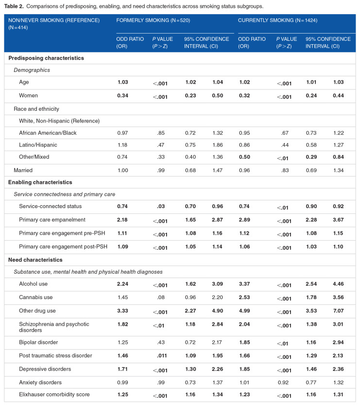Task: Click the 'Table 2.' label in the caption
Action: tap(14, 6)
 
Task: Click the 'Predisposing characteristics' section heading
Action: tap(46, 58)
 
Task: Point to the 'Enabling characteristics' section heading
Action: tap(41, 182)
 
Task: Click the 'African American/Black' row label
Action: tap(48, 133)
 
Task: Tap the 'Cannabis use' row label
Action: tap(36, 297)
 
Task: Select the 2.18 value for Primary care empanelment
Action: tap(123, 220)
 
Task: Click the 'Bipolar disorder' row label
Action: tap(39, 343)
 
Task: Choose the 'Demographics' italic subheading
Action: tap(33, 70)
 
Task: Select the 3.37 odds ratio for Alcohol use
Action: tap(244, 284)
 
